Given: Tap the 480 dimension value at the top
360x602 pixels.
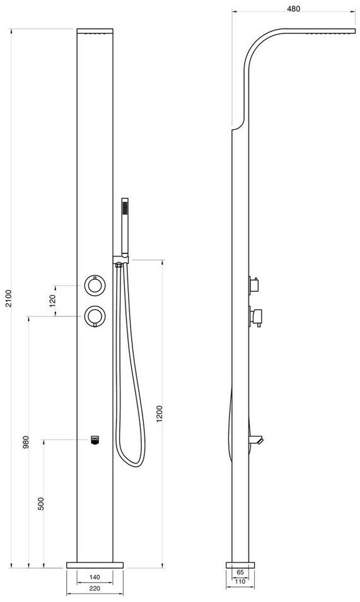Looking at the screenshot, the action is [x=294, y=9].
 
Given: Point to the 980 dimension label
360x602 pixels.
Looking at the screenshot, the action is [x=26, y=443].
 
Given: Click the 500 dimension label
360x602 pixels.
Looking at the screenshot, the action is [x=41, y=503].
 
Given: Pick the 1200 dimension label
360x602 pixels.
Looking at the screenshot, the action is [x=160, y=414].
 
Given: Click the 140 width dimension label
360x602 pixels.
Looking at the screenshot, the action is [x=95, y=577].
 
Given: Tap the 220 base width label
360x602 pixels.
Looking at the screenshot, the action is [x=95, y=589].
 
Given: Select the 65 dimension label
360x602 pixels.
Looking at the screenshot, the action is [x=240, y=572].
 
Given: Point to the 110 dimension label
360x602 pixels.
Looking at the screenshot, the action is [x=240, y=581].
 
